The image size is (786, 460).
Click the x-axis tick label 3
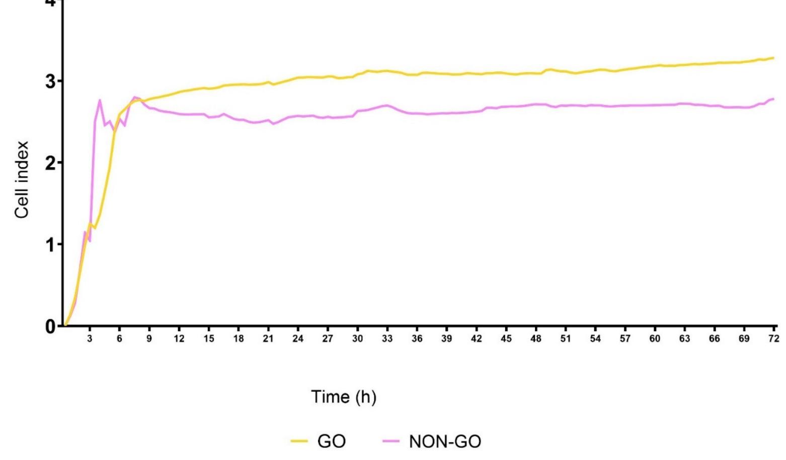(90, 339)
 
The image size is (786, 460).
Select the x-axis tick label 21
(268, 339)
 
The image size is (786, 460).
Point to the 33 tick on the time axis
(387, 339)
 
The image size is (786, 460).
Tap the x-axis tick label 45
(506, 339)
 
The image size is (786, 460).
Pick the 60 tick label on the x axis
(655, 339)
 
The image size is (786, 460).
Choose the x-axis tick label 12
(179, 339)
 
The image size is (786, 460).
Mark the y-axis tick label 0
(50, 326)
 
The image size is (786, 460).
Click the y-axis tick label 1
(50, 245)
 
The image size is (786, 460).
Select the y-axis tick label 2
(50, 163)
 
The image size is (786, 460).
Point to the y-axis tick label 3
(50, 82)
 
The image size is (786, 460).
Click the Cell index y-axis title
(22, 180)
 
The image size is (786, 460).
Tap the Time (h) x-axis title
(344, 397)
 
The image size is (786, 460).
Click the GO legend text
(332, 442)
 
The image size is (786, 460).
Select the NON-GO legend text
(445, 442)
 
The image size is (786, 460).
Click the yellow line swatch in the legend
(299, 442)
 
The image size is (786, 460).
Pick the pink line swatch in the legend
(391, 442)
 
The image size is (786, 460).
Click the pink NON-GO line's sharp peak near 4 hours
(100, 100)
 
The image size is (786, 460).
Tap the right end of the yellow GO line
(773, 58)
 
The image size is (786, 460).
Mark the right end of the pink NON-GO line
(773, 99)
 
